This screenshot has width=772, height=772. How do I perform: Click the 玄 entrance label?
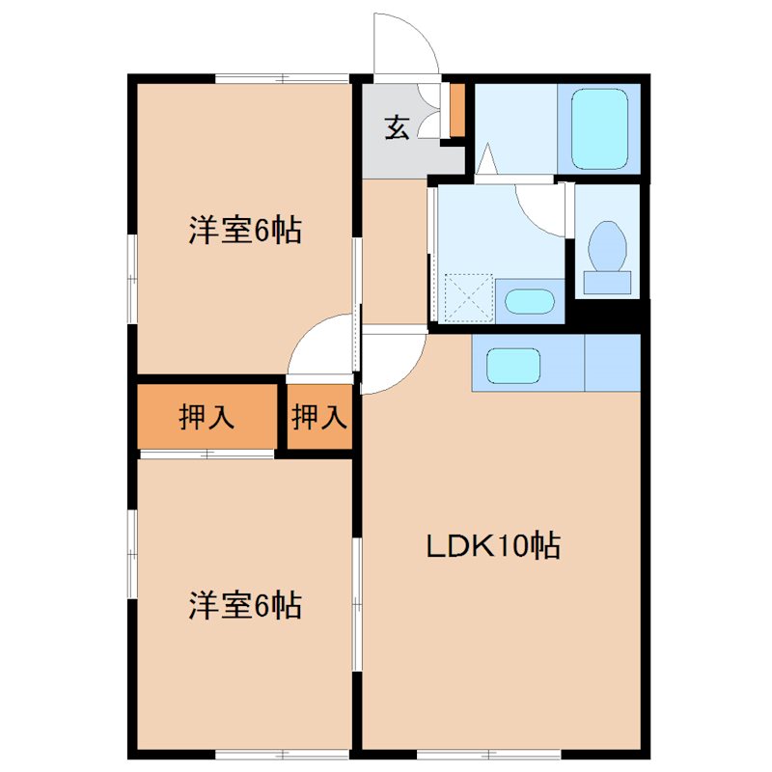pyautogui.click(x=398, y=126)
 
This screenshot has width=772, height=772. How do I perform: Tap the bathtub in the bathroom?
pyautogui.click(x=599, y=128)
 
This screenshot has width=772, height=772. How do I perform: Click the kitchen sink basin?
pyautogui.click(x=512, y=366)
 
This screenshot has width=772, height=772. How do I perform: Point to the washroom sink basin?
pyautogui.click(x=530, y=301)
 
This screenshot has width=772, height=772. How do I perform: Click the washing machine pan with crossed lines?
pyautogui.click(x=466, y=297)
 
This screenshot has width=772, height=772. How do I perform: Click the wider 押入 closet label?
pyautogui.click(x=207, y=418)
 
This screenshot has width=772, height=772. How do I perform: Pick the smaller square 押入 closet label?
pyautogui.click(x=318, y=418)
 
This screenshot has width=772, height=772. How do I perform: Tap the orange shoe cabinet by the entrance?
pyautogui.click(x=457, y=110)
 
